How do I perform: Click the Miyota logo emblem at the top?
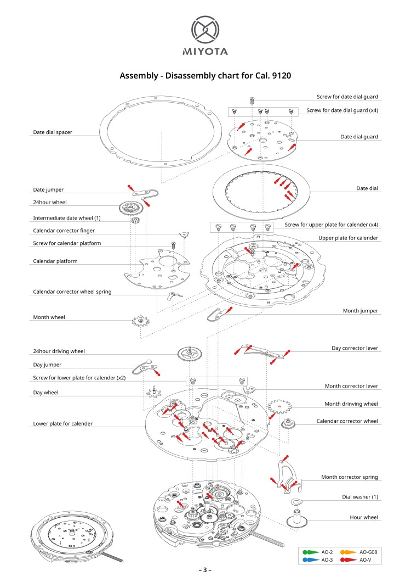click(x=205, y=30)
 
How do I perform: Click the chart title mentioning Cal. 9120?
click(x=205, y=75)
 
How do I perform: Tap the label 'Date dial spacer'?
click(x=53, y=132)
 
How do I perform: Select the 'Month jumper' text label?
click(x=360, y=311)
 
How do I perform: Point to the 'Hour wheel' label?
click(x=364, y=517)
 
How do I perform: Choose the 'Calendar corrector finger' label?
click(x=67, y=231)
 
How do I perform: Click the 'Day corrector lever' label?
click(x=355, y=348)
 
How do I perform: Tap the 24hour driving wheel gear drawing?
click(x=189, y=355)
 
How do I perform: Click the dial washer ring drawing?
click(x=296, y=502)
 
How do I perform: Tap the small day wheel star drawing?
click(x=156, y=393)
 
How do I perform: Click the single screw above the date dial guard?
click(x=253, y=100)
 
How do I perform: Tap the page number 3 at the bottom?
click(x=205, y=570)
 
